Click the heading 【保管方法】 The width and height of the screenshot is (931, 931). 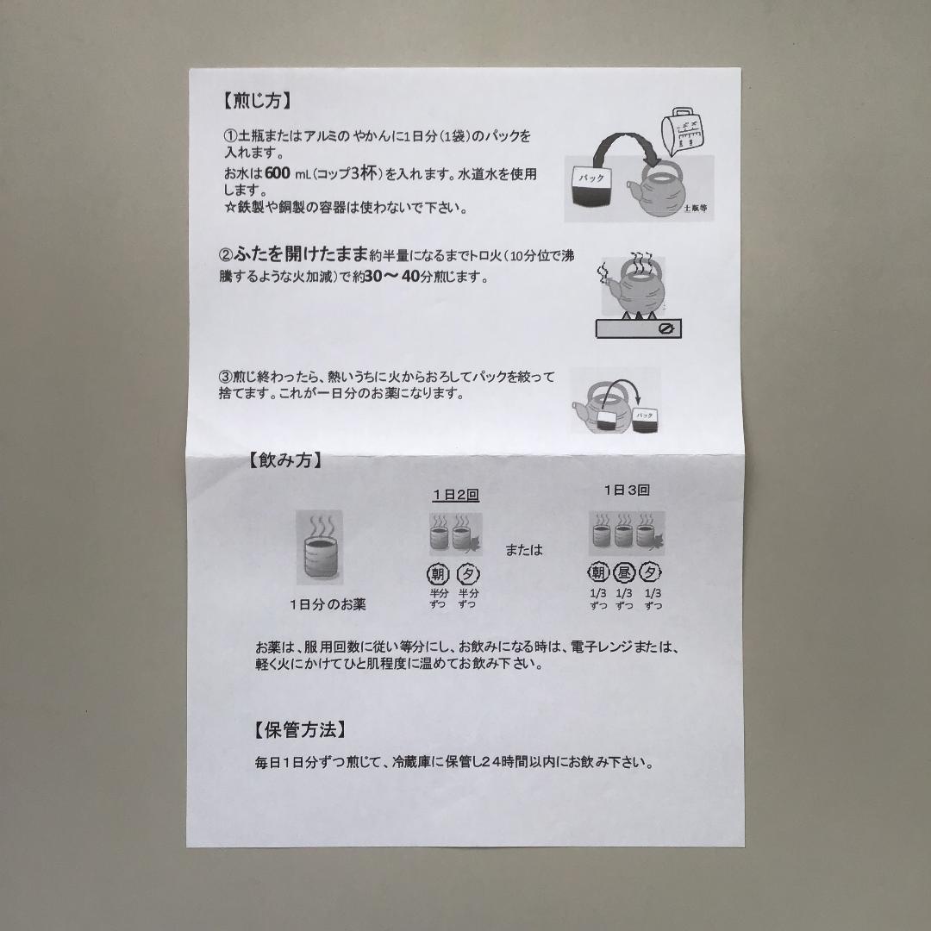click(x=301, y=730)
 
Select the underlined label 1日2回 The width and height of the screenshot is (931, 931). click(x=455, y=495)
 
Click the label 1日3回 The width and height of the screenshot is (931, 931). click(x=627, y=490)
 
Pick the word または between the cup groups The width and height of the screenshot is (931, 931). click(x=524, y=549)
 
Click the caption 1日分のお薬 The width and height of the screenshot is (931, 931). click(x=328, y=604)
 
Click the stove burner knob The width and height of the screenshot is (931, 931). click(x=665, y=329)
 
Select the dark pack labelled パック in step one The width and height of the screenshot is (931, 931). click(x=590, y=188)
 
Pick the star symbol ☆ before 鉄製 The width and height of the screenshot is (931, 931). click(x=229, y=208)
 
